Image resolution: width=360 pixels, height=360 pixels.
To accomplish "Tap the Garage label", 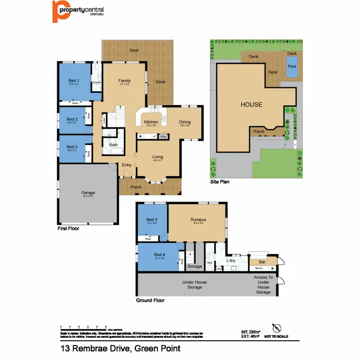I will click(88, 193).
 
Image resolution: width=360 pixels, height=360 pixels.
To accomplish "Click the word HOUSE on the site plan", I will click(251, 104).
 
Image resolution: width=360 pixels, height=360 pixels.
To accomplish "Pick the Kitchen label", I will click(151, 122).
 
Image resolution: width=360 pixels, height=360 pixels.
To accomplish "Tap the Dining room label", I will click(185, 122).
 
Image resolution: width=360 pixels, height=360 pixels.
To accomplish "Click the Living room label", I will click(158, 157).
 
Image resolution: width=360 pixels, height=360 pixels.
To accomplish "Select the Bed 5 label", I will click(151, 220).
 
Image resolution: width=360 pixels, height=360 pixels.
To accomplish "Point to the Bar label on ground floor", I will click(261, 262).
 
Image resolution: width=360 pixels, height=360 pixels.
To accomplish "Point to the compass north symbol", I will click(276, 327).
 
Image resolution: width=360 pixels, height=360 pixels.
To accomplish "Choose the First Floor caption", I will click(68, 229).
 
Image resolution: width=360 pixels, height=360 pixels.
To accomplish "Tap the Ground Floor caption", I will click(151, 300).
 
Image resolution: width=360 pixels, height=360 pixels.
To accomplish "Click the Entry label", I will click(127, 166).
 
